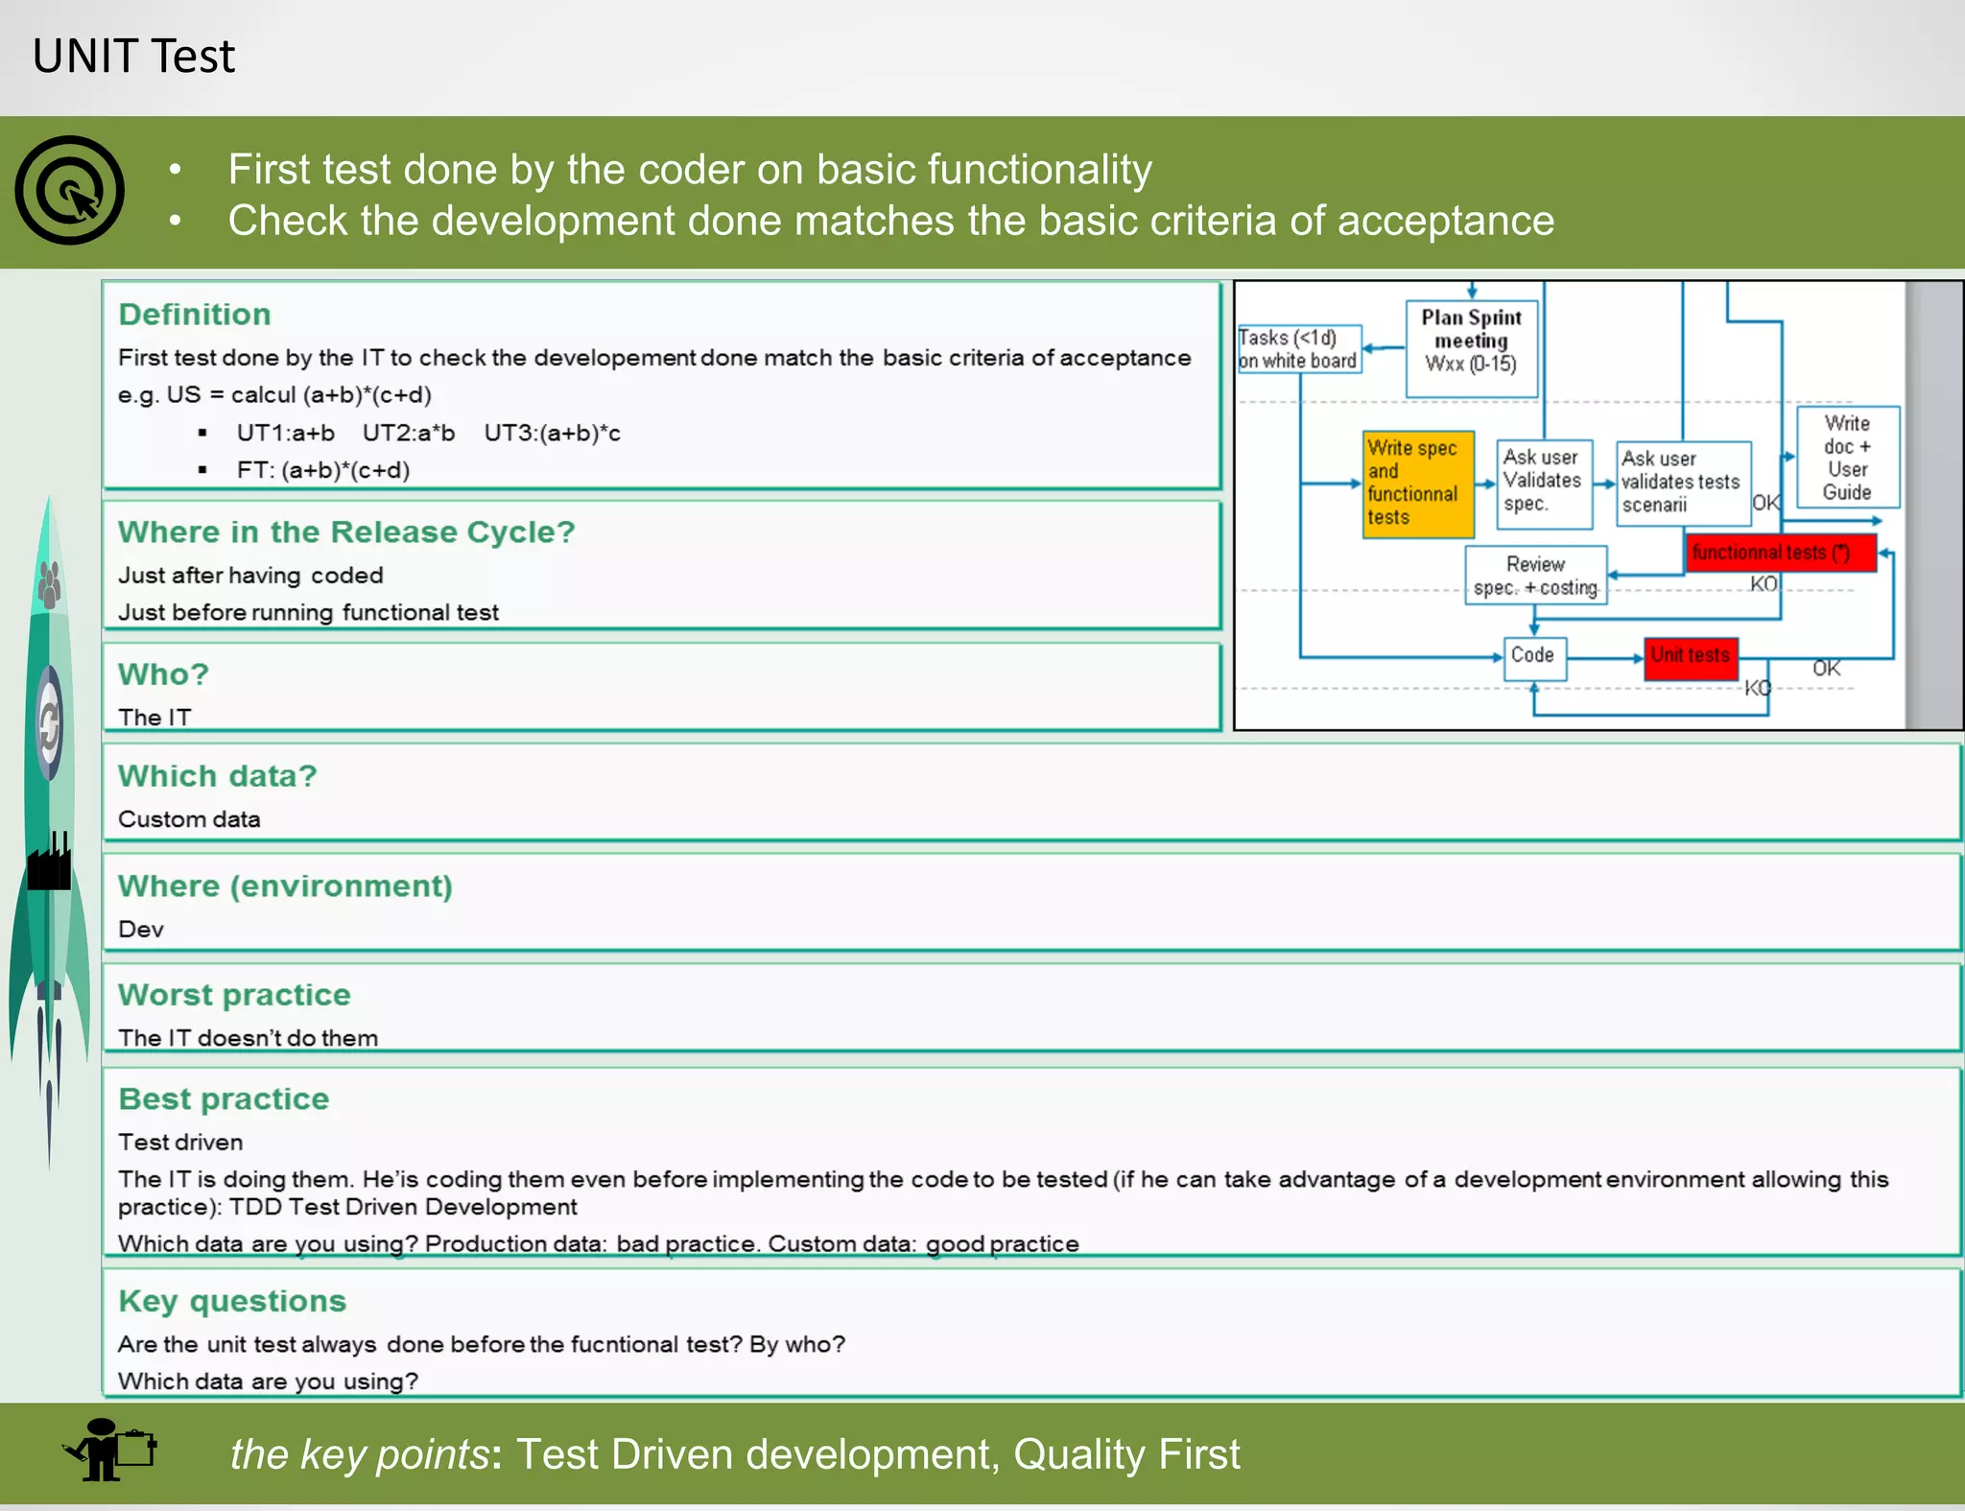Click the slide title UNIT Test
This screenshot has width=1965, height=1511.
click(133, 56)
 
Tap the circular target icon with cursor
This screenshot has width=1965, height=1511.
click(69, 190)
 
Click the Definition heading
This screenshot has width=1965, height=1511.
click(195, 315)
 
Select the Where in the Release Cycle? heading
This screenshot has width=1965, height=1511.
click(346, 531)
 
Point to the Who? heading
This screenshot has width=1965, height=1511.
click(163, 674)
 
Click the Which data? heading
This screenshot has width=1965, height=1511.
click(218, 776)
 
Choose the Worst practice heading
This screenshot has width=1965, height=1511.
click(234, 995)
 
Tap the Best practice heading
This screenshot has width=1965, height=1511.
click(224, 1098)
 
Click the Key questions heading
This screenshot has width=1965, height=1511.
click(232, 1301)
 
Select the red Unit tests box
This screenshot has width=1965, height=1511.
click(1691, 657)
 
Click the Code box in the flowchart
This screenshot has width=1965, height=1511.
click(1534, 657)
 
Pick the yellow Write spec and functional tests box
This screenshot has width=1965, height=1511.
click(1417, 484)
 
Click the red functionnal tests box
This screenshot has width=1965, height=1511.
click(1780, 553)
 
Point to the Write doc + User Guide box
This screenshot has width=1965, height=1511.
click(1848, 458)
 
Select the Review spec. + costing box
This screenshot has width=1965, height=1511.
click(1535, 576)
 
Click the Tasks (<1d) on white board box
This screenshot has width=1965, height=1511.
click(1299, 349)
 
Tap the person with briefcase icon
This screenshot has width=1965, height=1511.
click(108, 1451)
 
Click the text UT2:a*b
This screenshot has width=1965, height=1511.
click(409, 434)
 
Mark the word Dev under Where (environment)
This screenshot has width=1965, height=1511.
click(141, 930)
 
